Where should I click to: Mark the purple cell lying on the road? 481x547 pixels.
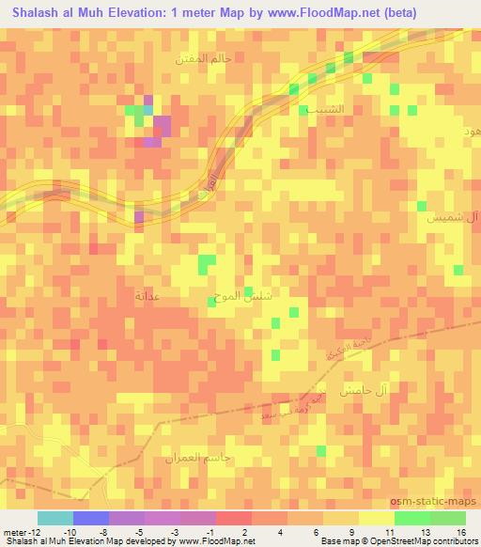[x=140, y=217]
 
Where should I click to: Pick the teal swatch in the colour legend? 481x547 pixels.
[x=55, y=517]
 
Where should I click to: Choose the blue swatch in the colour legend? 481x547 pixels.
[x=91, y=517]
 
